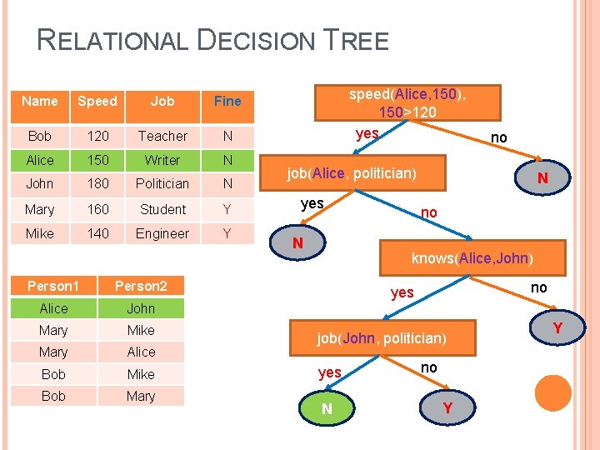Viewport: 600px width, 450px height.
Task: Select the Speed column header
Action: point(97,101)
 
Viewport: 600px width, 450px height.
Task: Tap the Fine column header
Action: point(227,101)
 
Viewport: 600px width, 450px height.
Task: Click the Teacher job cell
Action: point(162,136)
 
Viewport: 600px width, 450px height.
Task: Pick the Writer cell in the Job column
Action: point(162,160)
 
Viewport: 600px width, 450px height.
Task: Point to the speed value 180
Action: point(97,183)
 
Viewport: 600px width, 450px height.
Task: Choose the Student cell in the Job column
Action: point(162,209)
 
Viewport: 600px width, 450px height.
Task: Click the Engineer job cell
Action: point(162,233)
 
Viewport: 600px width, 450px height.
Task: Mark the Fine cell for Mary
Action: point(227,209)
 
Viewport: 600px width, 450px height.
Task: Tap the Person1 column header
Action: point(53,286)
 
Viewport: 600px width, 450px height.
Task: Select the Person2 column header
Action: point(141,286)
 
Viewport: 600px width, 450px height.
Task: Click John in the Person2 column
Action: point(141,308)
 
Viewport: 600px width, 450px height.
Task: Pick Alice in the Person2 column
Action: point(141,352)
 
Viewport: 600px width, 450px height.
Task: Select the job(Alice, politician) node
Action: point(352,173)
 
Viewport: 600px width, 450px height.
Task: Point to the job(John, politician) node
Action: point(382,338)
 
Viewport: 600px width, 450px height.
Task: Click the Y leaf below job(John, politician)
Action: point(448,408)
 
